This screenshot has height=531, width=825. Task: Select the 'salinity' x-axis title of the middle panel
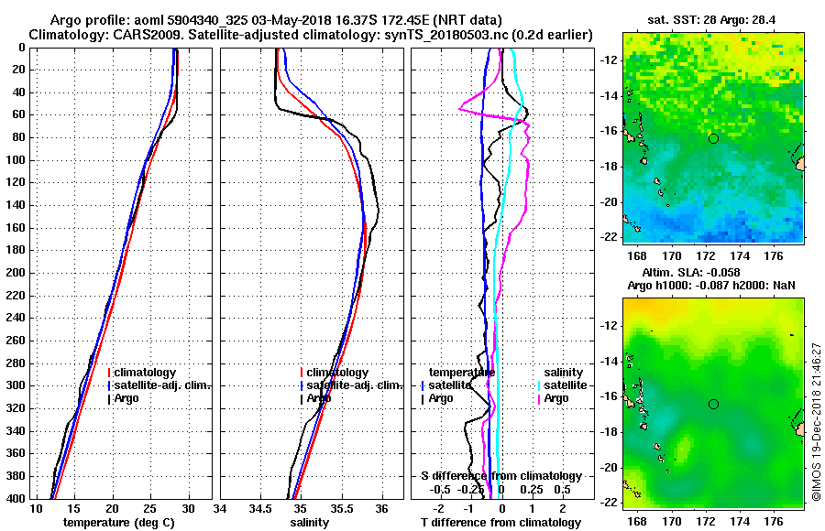point(311,522)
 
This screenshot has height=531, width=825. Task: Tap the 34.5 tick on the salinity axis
point(260,508)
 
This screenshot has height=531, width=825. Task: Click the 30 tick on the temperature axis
point(188,508)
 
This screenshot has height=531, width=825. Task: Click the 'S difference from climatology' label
point(500,476)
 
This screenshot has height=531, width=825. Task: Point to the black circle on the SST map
point(713,138)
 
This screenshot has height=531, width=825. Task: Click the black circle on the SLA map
point(713,404)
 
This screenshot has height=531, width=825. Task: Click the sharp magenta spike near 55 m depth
point(461,109)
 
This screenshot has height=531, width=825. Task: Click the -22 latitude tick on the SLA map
point(610,502)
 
